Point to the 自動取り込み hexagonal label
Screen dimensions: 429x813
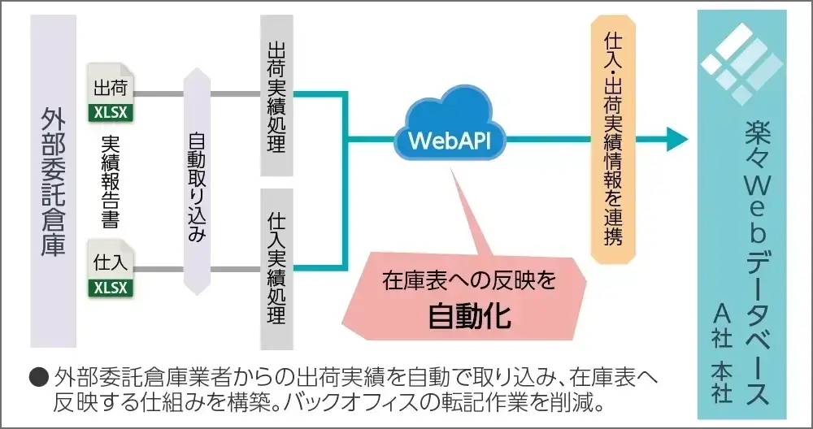pos(197,180)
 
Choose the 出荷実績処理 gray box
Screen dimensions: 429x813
pos(276,95)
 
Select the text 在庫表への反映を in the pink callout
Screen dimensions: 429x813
pos(469,282)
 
